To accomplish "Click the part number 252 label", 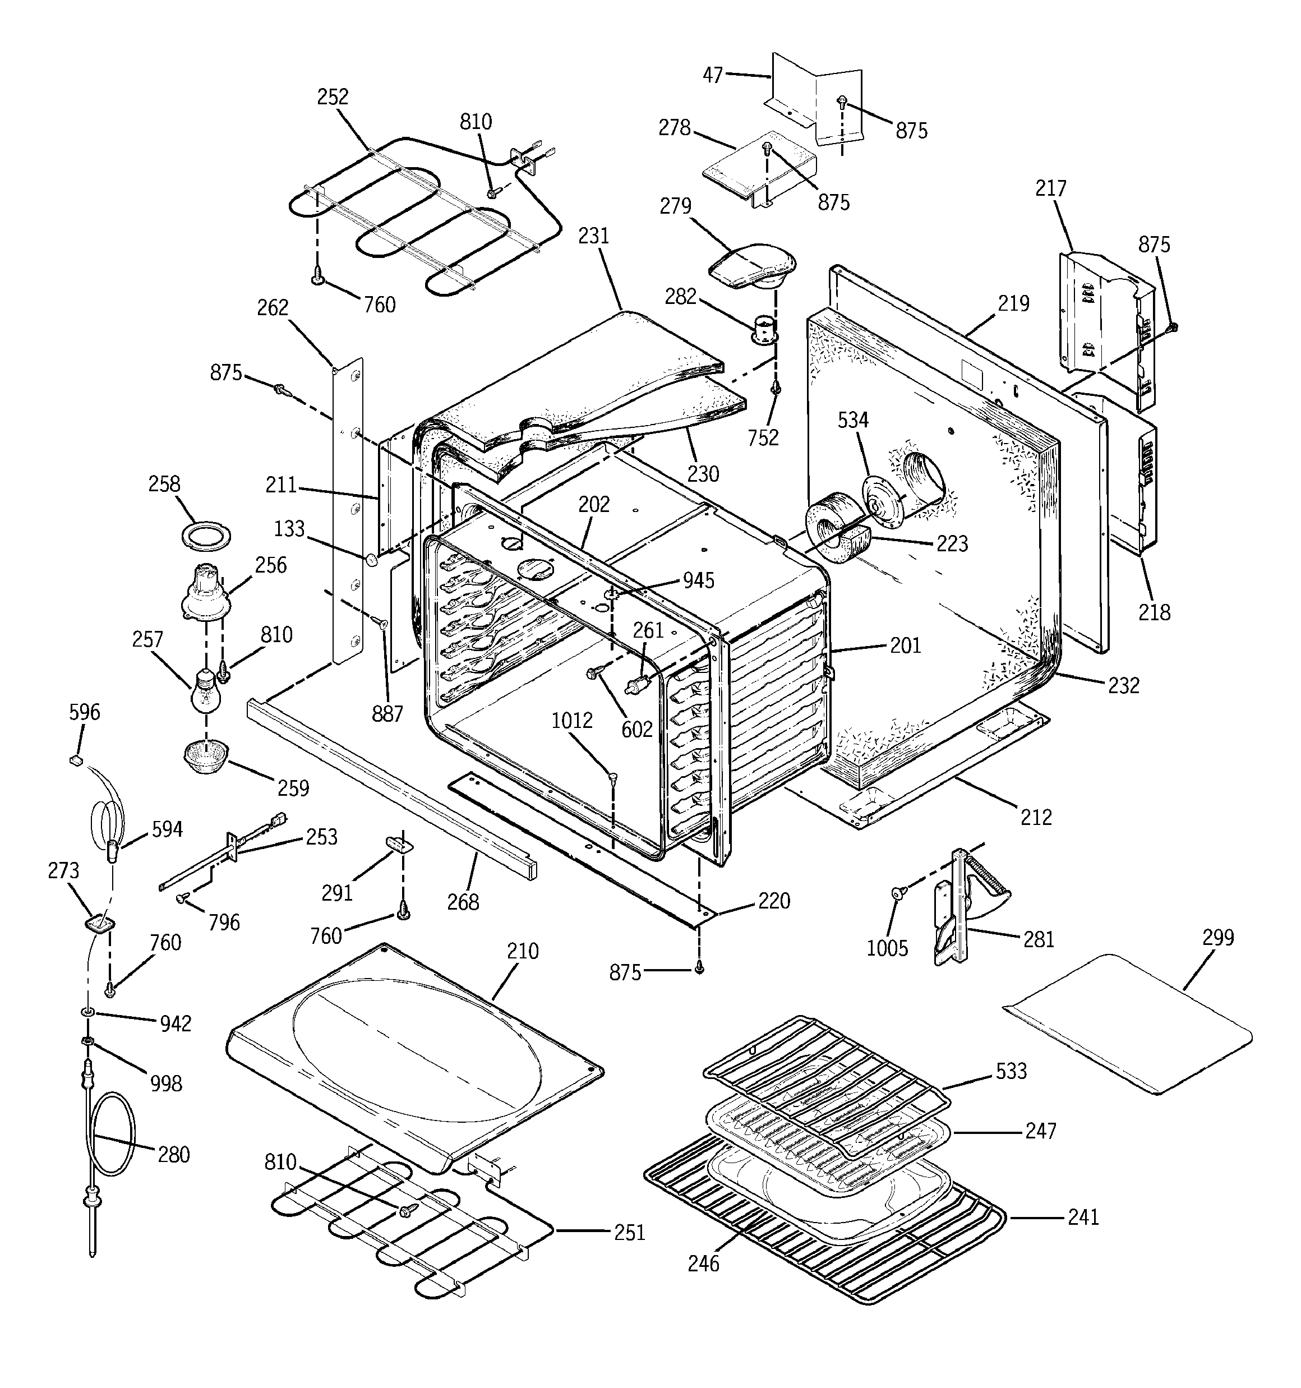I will click(333, 96).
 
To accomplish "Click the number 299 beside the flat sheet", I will click(1218, 937).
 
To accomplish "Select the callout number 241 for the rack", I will click(1083, 1218).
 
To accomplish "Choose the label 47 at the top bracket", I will click(712, 74).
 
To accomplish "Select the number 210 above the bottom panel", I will click(522, 951).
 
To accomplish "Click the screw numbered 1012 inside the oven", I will click(613, 776).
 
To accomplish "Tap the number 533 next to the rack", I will click(1011, 1071).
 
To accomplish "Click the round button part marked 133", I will click(372, 559).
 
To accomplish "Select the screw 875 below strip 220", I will click(699, 969).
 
